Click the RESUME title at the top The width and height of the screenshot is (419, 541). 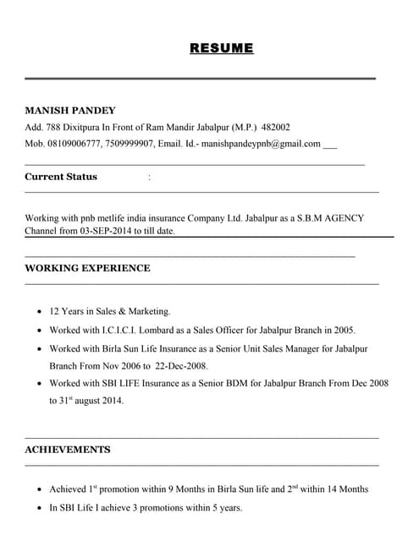pos(222,48)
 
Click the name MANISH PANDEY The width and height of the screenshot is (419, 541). pos(70,111)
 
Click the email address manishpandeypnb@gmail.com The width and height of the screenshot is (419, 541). pos(261,144)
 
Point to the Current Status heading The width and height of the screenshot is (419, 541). pos(61,177)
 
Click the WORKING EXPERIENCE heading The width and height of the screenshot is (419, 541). pos(87,268)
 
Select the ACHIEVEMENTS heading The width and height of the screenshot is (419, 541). pos(67,449)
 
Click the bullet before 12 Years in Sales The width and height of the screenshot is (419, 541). pos(40,312)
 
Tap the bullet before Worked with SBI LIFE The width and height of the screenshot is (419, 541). pos(40,384)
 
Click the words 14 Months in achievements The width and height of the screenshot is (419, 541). pos(345,489)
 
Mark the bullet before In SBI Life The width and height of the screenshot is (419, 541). pos(40,508)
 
